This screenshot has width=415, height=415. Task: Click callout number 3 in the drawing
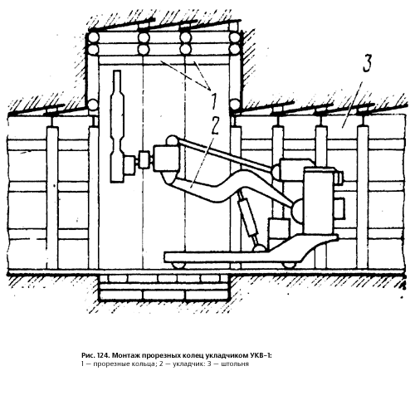(367, 63)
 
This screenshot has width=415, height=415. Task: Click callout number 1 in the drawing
(213, 101)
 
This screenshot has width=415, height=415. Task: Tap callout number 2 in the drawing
(215, 126)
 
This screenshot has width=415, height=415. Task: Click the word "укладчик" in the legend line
(186, 364)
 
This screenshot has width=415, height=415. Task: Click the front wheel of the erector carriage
(178, 265)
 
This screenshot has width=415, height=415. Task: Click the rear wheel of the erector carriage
(290, 265)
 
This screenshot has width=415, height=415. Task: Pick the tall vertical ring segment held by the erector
(117, 126)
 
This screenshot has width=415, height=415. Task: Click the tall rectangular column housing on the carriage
(319, 200)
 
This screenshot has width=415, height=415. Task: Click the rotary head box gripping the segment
(167, 159)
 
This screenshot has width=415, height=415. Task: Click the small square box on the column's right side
(339, 207)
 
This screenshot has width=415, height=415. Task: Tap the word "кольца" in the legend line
(144, 364)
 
